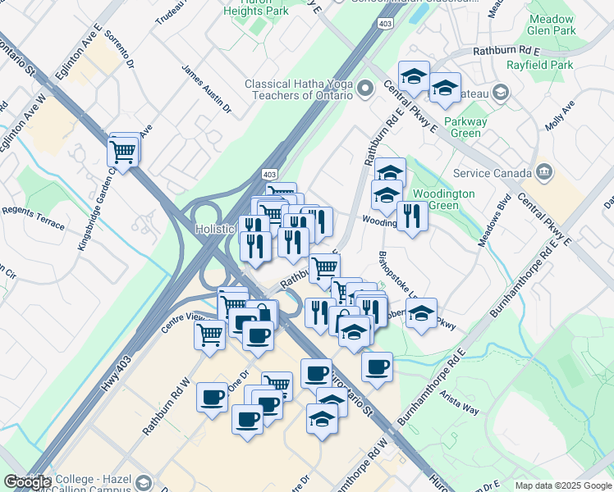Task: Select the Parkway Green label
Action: coord(465,127)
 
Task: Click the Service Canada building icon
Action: coord(543,172)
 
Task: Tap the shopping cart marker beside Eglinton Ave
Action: coord(123,151)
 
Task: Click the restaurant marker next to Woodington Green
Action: coord(411,216)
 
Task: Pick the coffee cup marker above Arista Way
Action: coord(377,367)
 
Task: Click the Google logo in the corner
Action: coord(27,481)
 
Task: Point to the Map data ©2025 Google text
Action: coord(563,485)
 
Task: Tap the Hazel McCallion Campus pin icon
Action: coord(145,481)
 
